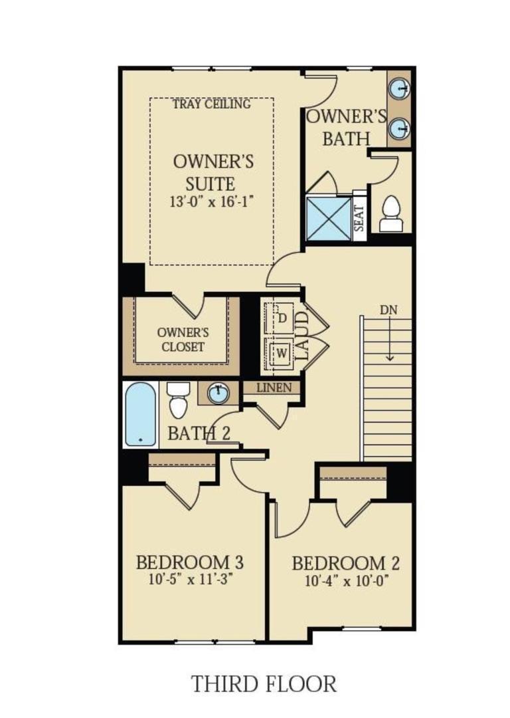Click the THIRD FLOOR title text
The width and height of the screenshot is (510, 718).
264,683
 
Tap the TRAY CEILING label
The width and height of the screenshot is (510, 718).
211,104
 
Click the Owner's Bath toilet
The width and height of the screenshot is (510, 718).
391,213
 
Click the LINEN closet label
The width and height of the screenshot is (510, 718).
273,387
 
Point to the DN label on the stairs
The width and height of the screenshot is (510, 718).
390,310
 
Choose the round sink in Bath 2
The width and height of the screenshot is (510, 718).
218,393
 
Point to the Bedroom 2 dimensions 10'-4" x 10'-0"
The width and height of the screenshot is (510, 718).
345,580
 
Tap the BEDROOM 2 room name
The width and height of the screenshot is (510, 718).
346,564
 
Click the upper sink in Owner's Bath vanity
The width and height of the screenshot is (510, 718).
399,89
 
